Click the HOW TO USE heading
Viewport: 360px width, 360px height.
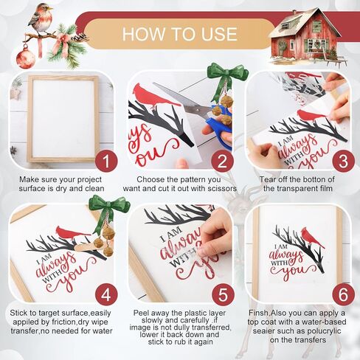180,34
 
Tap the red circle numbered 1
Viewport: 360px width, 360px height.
106,162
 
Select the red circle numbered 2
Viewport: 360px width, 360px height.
222,162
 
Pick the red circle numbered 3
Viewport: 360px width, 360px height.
343,162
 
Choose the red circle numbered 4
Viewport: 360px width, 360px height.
106,294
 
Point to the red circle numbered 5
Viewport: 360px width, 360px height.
223,294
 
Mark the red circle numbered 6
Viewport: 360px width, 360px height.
343,294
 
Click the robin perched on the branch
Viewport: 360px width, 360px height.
41,18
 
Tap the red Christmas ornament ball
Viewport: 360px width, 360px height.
26,58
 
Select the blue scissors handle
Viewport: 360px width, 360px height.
220,129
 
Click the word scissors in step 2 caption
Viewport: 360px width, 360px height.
222,189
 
